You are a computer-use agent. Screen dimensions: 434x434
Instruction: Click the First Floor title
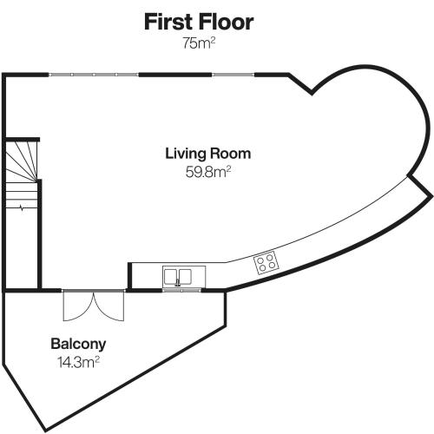click(x=199, y=22)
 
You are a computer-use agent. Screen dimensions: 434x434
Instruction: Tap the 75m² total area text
click(x=199, y=43)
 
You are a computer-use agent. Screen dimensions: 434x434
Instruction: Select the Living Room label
click(x=208, y=154)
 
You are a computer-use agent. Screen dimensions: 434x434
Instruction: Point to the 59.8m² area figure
click(x=208, y=172)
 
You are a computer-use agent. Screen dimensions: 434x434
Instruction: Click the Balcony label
click(x=78, y=344)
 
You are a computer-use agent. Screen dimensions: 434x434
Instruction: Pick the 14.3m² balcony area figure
click(x=79, y=362)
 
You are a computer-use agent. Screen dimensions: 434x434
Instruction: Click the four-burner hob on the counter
click(x=266, y=262)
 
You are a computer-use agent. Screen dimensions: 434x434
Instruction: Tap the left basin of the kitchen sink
click(x=171, y=277)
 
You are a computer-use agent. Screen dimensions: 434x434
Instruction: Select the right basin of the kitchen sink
click(x=185, y=277)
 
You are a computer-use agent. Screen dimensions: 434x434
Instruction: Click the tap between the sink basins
click(x=178, y=283)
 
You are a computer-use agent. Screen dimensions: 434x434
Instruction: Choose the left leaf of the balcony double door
click(x=78, y=306)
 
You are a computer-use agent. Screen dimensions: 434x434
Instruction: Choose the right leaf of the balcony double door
click(x=109, y=306)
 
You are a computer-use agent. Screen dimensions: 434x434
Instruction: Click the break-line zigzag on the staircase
click(x=22, y=207)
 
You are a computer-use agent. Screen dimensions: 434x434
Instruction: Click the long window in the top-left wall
click(x=94, y=75)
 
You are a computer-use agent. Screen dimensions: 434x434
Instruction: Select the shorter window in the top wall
click(x=233, y=75)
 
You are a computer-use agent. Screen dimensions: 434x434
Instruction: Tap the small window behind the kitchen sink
click(x=181, y=289)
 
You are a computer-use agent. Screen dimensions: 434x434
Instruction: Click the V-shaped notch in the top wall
click(x=312, y=93)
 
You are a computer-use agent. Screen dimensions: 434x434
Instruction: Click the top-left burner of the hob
click(x=260, y=260)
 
